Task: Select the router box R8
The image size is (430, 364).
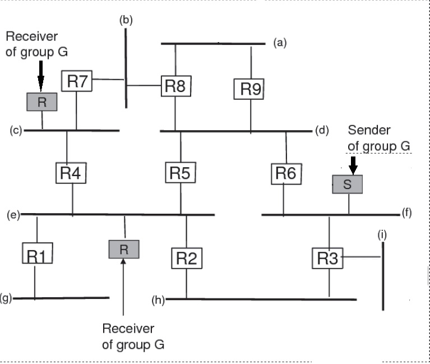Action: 177,86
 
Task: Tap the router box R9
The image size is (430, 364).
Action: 250,89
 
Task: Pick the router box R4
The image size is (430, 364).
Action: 70,172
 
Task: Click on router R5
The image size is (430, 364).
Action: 181,172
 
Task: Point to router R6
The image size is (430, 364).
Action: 286,173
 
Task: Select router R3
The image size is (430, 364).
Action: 327,259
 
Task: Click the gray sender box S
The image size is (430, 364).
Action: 347,185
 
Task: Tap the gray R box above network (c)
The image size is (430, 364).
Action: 41,102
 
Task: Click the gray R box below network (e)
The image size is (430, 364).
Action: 124,248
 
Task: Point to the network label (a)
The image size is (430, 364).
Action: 280,43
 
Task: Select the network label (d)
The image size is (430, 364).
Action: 321,131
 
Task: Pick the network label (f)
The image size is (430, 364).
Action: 406,214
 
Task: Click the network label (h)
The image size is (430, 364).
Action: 159,300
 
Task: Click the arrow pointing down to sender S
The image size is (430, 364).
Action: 353,164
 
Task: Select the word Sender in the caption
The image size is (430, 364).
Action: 369,131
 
